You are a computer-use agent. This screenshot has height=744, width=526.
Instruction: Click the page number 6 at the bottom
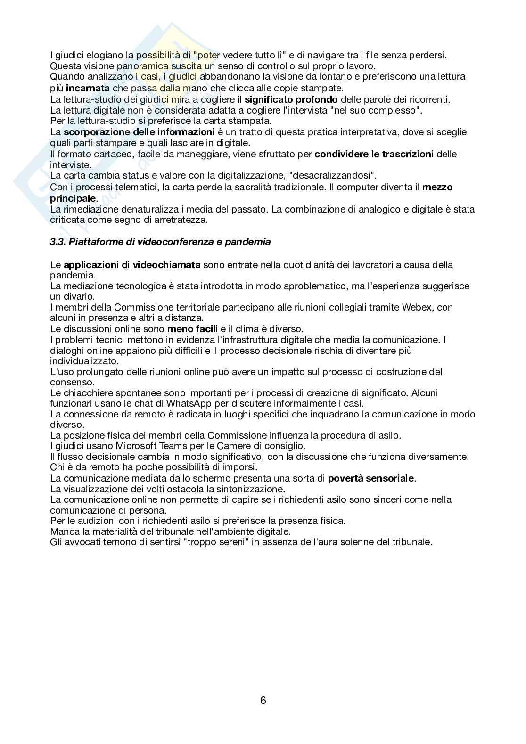point(263,700)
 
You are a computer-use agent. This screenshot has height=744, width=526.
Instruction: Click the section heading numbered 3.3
point(160,242)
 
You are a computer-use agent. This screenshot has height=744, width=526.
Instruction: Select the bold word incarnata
point(88,88)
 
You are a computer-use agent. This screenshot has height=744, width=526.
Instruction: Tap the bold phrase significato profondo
point(291,99)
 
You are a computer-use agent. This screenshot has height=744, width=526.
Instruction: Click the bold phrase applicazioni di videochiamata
point(132,265)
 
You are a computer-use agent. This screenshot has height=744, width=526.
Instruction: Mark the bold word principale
point(73,198)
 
